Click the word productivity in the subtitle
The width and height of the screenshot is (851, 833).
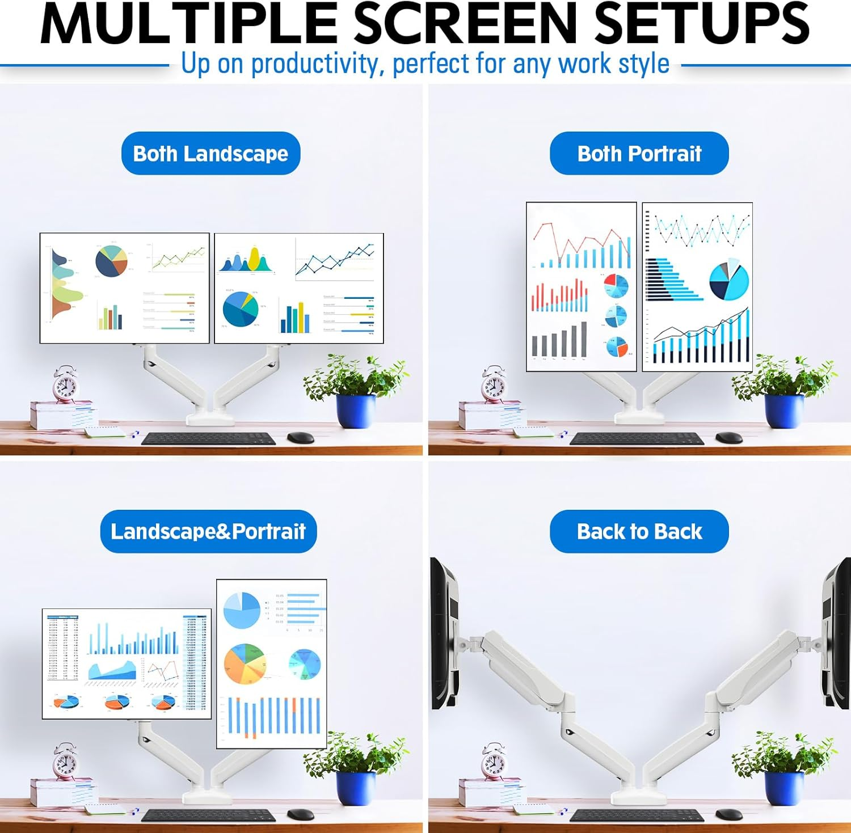tap(314, 64)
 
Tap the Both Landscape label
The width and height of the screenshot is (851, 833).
tap(210, 154)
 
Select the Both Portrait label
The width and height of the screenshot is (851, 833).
tap(639, 154)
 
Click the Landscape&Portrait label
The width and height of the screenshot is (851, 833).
tap(208, 531)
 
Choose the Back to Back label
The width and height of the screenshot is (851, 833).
tap(639, 531)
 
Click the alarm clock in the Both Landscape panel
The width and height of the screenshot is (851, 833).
tap(65, 385)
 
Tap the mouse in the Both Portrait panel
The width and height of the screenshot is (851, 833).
tap(729, 438)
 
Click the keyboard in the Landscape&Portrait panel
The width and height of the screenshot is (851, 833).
tap(208, 815)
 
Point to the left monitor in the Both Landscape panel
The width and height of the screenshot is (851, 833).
tap(124, 288)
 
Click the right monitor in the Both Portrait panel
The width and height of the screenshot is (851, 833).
tap(697, 287)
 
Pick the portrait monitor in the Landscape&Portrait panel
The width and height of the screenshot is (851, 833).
tap(271, 663)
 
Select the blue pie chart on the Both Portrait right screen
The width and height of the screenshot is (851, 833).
tap(728, 281)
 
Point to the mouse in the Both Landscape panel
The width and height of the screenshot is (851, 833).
tap(301, 438)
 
